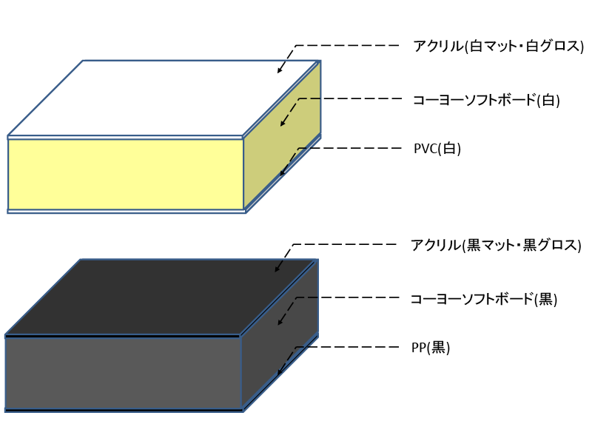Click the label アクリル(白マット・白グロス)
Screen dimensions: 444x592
click(x=498, y=47)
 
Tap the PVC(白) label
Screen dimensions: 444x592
click(x=437, y=149)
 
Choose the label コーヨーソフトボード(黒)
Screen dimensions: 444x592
click(x=483, y=300)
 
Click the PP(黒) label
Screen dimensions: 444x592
click(x=431, y=348)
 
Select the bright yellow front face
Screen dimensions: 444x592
click(x=126, y=174)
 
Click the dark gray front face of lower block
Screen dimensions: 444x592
click(x=123, y=373)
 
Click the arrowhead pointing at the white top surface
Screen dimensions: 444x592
click(x=280, y=71)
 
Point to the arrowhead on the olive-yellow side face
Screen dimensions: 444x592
click(x=282, y=124)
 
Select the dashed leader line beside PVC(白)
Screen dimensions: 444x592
click(x=348, y=148)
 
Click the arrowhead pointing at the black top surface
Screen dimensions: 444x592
click(x=277, y=269)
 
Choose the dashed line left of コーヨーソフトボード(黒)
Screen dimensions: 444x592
click(x=348, y=297)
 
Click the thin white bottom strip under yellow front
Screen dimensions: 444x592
click(x=126, y=211)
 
